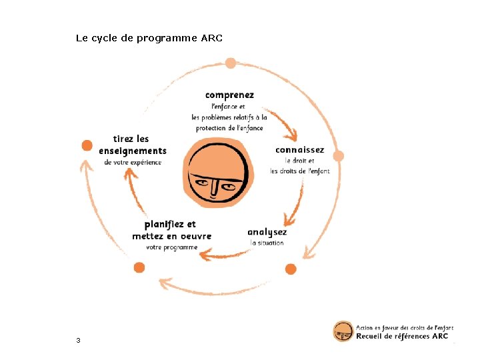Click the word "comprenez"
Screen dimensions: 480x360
pos(229,95)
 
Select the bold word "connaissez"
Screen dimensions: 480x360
pos(299,150)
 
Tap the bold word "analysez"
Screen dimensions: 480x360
pos(267,232)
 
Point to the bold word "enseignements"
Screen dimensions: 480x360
pos(132,151)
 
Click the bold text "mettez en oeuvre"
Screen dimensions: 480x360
pos(171,236)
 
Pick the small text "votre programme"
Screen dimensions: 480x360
pos(171,247)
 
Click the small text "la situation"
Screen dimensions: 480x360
pos(267,243)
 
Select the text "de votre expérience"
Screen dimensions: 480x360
pos(133,163)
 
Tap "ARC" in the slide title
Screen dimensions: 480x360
pos(211,38)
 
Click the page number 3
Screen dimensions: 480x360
pos(78,341)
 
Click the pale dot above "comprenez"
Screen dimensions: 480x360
pos(231,63)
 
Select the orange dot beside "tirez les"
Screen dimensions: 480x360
pos(87,145)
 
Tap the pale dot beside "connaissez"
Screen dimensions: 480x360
pos(338,156)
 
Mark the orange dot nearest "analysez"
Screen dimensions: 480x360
pos(290,269)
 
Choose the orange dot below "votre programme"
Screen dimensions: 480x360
pos(139,267)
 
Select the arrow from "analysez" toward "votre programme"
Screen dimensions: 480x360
pos(223,254)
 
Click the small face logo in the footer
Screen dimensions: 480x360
pos(343,331)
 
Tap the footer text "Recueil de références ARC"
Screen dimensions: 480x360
pos(401,337)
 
